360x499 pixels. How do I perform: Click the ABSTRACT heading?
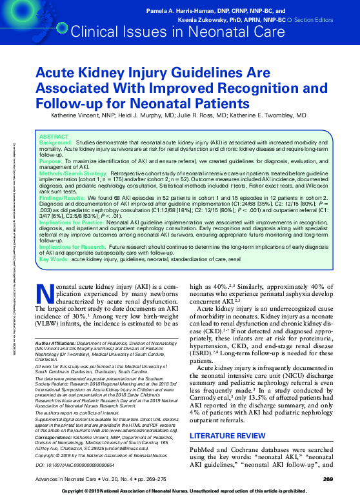[x=52, y=137]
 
